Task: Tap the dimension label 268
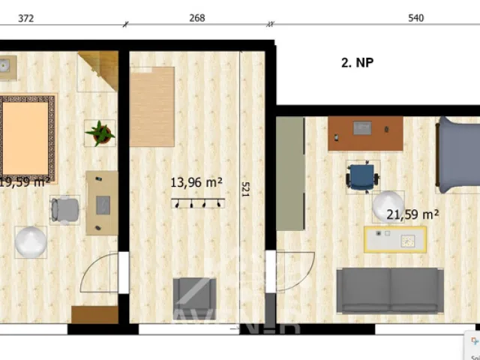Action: point(197,18)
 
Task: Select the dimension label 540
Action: point(416,18)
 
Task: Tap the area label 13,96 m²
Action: point(196,181)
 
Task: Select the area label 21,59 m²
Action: point(412,214)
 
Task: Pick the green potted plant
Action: point(99,133)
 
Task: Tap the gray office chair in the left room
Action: point(65,209)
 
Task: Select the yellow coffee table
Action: point(395,239)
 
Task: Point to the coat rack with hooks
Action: point(197,202)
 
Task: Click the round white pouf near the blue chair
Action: point(388,206)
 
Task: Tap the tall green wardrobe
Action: point(289,173)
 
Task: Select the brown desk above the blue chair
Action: point(365,133)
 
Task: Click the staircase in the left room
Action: point(97,70)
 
